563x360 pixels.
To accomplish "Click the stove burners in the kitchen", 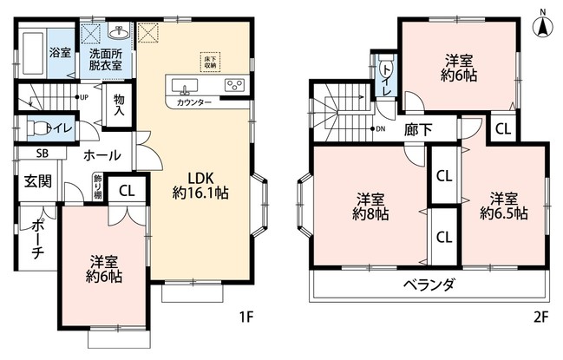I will pyautogui.click(x=234, y=85).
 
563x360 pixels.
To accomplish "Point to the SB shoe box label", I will pyautogui.click(x=30, y=154).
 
